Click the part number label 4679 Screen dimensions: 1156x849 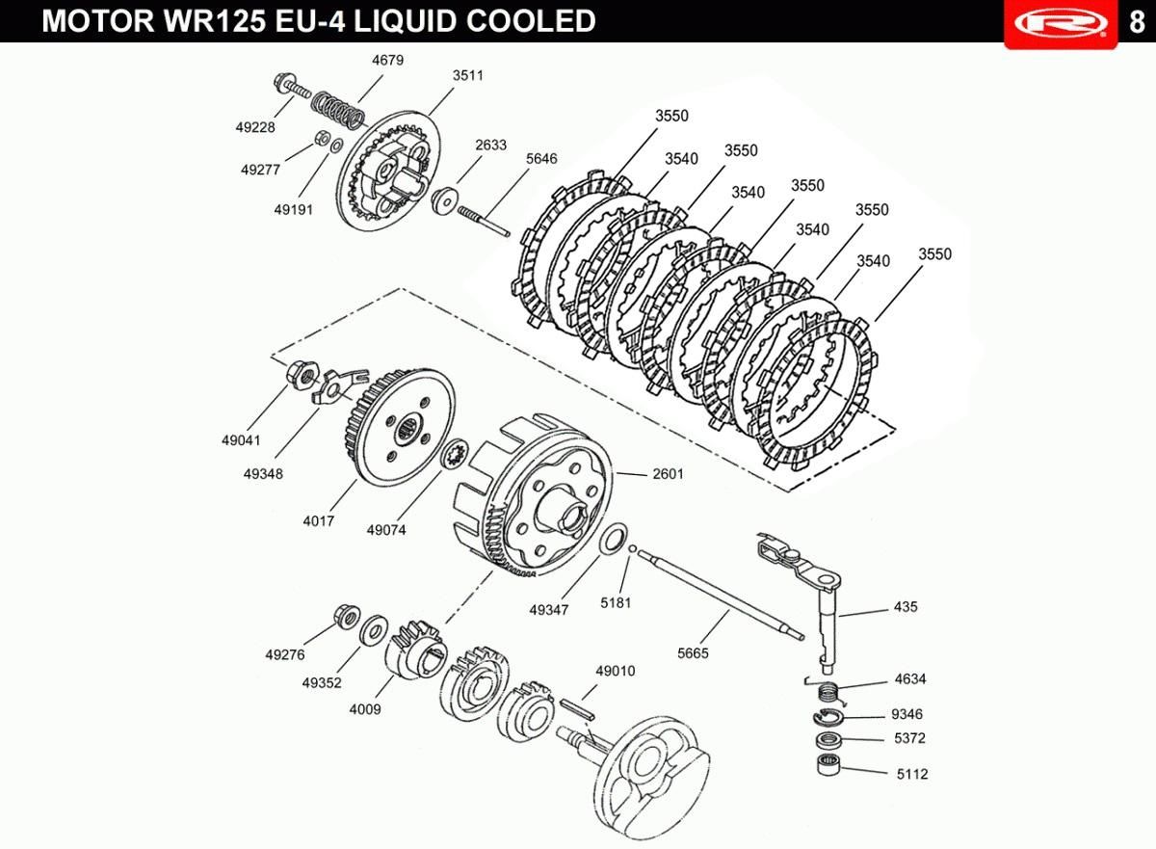[387, 61]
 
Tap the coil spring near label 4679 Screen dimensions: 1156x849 [338, 111]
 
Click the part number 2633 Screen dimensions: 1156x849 [490, 145]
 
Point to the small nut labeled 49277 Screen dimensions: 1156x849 [323, 139]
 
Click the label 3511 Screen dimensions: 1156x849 [468, 76]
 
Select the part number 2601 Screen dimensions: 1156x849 [668, 474]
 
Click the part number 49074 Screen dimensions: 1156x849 [386, 530]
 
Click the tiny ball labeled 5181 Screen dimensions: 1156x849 [633, 548]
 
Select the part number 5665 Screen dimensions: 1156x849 [693, 653]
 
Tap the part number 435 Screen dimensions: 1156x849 [906, 607]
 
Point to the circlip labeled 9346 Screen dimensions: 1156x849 [828, 717]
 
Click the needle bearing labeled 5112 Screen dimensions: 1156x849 [828, 764]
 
